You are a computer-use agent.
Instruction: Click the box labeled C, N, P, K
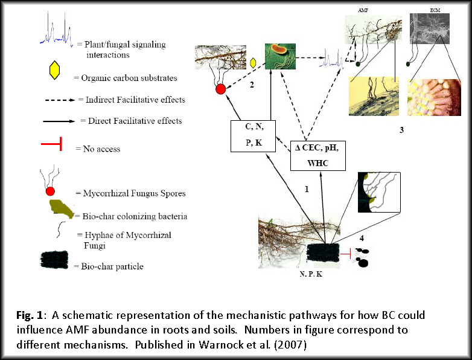point(253,136)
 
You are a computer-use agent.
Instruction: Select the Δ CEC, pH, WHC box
point(318,156)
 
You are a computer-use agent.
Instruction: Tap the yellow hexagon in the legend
point(54,70)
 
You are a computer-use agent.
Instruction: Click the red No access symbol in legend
point(52,144)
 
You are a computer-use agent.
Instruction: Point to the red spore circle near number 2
point(221,89)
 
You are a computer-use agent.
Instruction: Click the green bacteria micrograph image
point(280,56)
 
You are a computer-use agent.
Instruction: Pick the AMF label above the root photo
point(363,10)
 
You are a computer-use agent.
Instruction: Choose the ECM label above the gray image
point(435,10)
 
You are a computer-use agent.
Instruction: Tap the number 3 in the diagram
point(401,130)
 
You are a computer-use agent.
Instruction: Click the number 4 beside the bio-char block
point(362,239)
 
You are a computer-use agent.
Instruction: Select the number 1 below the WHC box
point(307,189)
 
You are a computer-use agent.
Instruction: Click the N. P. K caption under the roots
point(311,274)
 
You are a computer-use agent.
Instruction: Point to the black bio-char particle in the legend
point(54,259)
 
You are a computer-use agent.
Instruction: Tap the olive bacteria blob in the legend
point(62,208)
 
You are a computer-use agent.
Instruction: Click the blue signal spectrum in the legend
point(57,30)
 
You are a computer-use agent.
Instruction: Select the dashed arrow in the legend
point(60,100)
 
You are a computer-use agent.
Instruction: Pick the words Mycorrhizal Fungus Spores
point(134,193)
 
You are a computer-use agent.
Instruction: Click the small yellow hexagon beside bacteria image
point(253,63)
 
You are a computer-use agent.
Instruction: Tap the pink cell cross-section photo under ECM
point(434,98)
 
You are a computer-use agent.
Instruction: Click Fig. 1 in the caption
point(30,315)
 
